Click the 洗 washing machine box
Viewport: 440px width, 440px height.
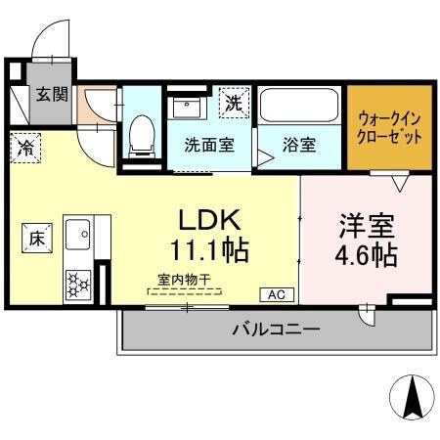tap(235, 102)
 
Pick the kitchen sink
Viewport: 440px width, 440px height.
tap(78, 235)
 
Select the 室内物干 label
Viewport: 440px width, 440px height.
tap(184, 279)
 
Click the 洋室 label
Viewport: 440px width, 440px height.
tap(367, 225)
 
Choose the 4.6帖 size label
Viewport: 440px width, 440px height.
tap(367, 256)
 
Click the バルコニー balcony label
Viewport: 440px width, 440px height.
tap(276, 330)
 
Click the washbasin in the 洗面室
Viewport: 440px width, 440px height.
tap(185, 106)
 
